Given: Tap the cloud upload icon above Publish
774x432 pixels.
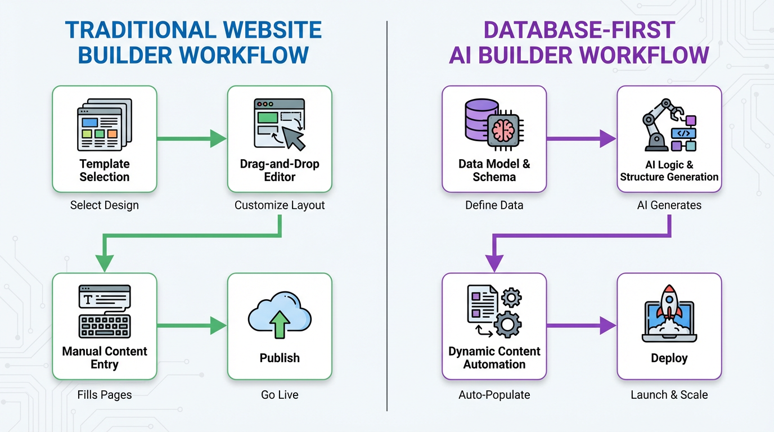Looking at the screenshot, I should pos(280,317).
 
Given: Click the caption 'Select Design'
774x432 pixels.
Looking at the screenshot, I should pos(104,205).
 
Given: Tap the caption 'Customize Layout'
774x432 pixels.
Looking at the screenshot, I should pos(280,205).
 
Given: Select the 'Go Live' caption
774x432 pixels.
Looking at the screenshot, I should pos(280,395).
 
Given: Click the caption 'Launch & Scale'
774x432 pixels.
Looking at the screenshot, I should pos(669,395).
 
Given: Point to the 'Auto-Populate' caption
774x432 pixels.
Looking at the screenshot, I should pos(494,395).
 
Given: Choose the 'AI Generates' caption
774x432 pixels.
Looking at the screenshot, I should pos(669,205).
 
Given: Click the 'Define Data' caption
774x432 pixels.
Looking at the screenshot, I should pos(494,205).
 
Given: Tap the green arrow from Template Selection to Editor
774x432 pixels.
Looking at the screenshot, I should pos(191,138).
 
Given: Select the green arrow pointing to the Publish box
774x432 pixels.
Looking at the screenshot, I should pos(191,325).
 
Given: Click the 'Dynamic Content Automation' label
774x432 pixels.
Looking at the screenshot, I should pos(494,358).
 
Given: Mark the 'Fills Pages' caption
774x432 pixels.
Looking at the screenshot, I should pos(104,395).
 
